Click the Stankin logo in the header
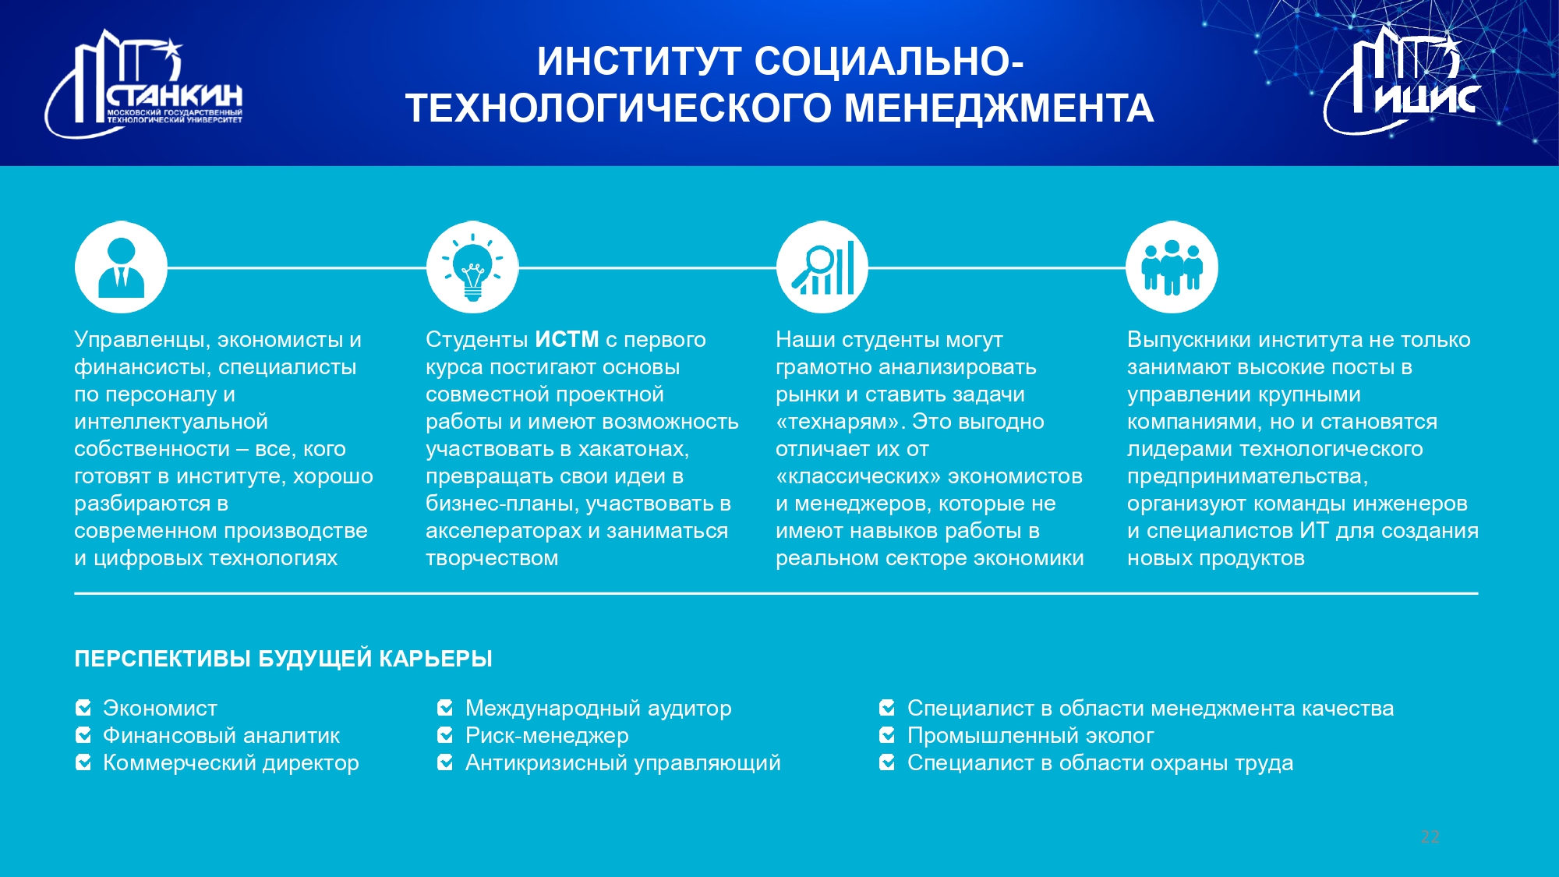[x=144, y=84]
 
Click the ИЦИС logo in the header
[x=1401, y=80]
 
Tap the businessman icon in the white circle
[x=121, y=267]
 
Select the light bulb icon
[x=472, y=267]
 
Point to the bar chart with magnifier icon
[x=822, y=267]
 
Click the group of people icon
[x=1172, y=267]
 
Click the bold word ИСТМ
[x=567, y=340]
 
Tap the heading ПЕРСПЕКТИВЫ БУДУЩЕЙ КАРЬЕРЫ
[x=283, y=659]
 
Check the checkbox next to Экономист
[x=83, y=708]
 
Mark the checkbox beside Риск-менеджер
[x=446, y=735]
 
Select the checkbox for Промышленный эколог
[x=887, y=735]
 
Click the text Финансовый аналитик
[x=221, y=735]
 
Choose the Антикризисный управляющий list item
[x=623, y=762]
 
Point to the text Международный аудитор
[x=599, y=708]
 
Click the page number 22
[x=1430, y=836]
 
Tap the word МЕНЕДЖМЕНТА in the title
[x=999, y=108]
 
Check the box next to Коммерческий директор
[x=83, y=762]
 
